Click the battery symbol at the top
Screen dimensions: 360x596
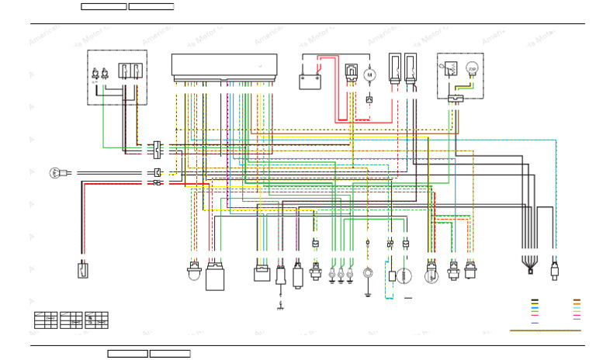click(310, 81)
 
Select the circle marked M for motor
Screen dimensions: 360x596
click(369, 75)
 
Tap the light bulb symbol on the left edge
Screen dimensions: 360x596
click(55, 173)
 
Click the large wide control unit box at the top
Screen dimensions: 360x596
click(224, 67)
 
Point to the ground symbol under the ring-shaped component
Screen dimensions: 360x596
click(368, 293)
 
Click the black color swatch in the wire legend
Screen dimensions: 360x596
click(535, 299)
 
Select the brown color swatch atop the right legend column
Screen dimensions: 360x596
click(577, 299)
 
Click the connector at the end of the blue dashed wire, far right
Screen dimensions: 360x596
click(554, 271)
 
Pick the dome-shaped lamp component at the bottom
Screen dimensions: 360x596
click(194, 272)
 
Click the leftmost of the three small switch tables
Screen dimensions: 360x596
click(45, 320)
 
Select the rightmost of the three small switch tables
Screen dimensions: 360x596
click(96, 320)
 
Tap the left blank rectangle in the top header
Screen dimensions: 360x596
click(103, 6)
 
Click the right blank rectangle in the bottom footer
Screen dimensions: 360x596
click(170, 354)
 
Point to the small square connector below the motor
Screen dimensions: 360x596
click(369, 99)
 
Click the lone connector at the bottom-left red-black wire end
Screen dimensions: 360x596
click(82, 270)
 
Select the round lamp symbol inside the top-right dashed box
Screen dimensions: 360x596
click(471, 69)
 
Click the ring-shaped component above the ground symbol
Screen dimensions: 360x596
click(368, 273)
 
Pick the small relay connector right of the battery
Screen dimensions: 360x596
click(352, 72)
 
